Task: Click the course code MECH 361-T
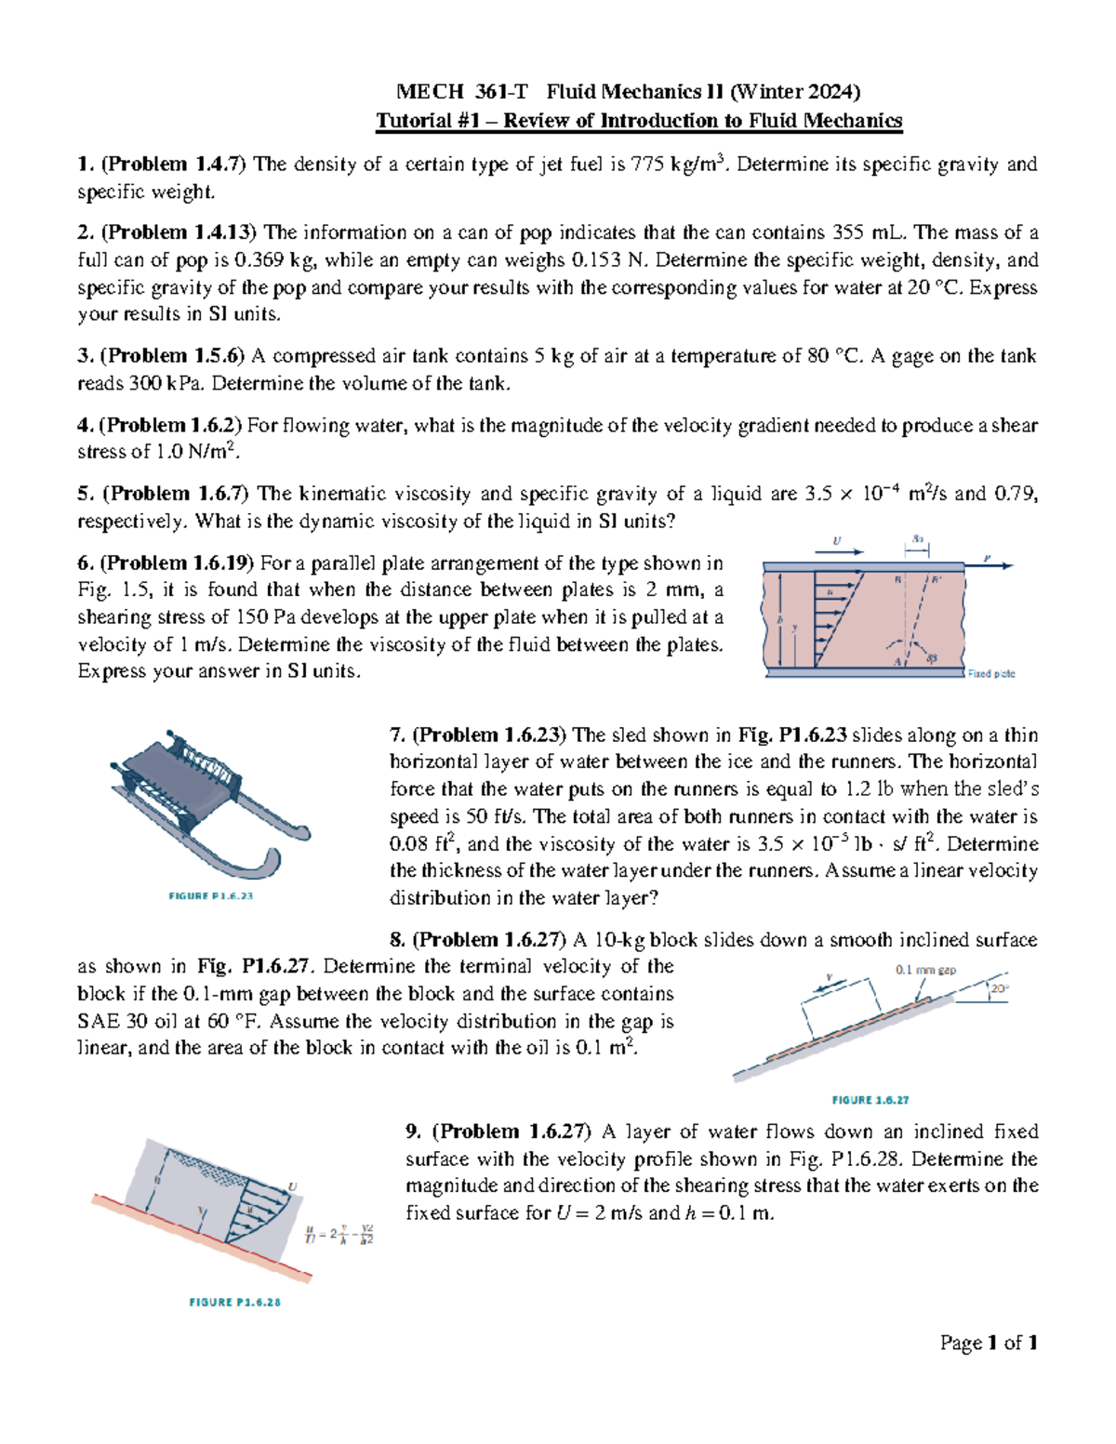coord(461,91)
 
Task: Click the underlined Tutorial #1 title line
coord(638,121)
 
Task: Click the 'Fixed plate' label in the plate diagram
coord(991,673)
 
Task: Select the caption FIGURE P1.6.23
coord(211,895)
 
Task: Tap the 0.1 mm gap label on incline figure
coord(925,970)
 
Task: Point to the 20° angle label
coord(999,988)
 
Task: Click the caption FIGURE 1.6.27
coord(870,1099)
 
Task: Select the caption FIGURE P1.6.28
coord(234,1302)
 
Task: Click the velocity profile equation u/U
coord(339,1235)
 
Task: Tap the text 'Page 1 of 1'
coord(989,1343)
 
